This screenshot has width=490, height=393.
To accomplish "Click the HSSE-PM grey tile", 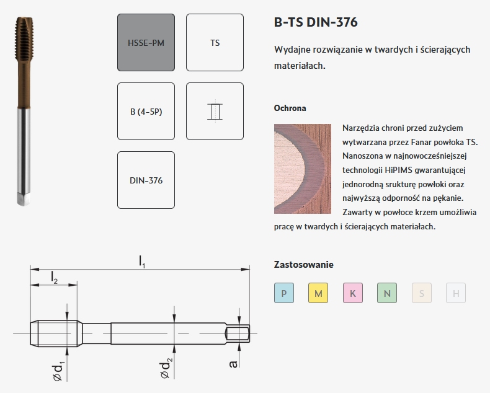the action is [146, 43].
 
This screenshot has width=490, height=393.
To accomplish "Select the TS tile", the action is [215, 43].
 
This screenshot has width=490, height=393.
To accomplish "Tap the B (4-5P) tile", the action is [146, 111].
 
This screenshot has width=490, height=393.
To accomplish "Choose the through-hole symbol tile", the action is [215, 111].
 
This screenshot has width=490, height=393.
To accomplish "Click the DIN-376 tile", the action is [146, 180].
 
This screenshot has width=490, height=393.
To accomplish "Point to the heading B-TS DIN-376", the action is [316, 22].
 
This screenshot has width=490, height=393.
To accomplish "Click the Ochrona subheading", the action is [290, 108].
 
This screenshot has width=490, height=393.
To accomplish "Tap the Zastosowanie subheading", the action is [304, 265].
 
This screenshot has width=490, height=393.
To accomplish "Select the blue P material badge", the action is [284, 293].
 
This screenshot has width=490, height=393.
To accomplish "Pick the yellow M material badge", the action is [318, 293].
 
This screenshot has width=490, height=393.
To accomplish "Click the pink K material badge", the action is [353, 293].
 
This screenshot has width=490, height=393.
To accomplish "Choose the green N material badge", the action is [387, 293].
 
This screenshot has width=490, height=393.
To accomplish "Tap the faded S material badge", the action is [422, 293].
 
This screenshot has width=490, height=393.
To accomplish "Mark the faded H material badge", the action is [456, 293].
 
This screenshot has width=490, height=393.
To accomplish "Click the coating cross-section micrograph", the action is [303, 169].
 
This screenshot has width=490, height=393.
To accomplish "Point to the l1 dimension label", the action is [142, 262].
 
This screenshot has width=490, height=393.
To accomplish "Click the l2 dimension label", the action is [55, 278].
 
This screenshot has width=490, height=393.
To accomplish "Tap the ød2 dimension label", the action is [166, 369].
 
